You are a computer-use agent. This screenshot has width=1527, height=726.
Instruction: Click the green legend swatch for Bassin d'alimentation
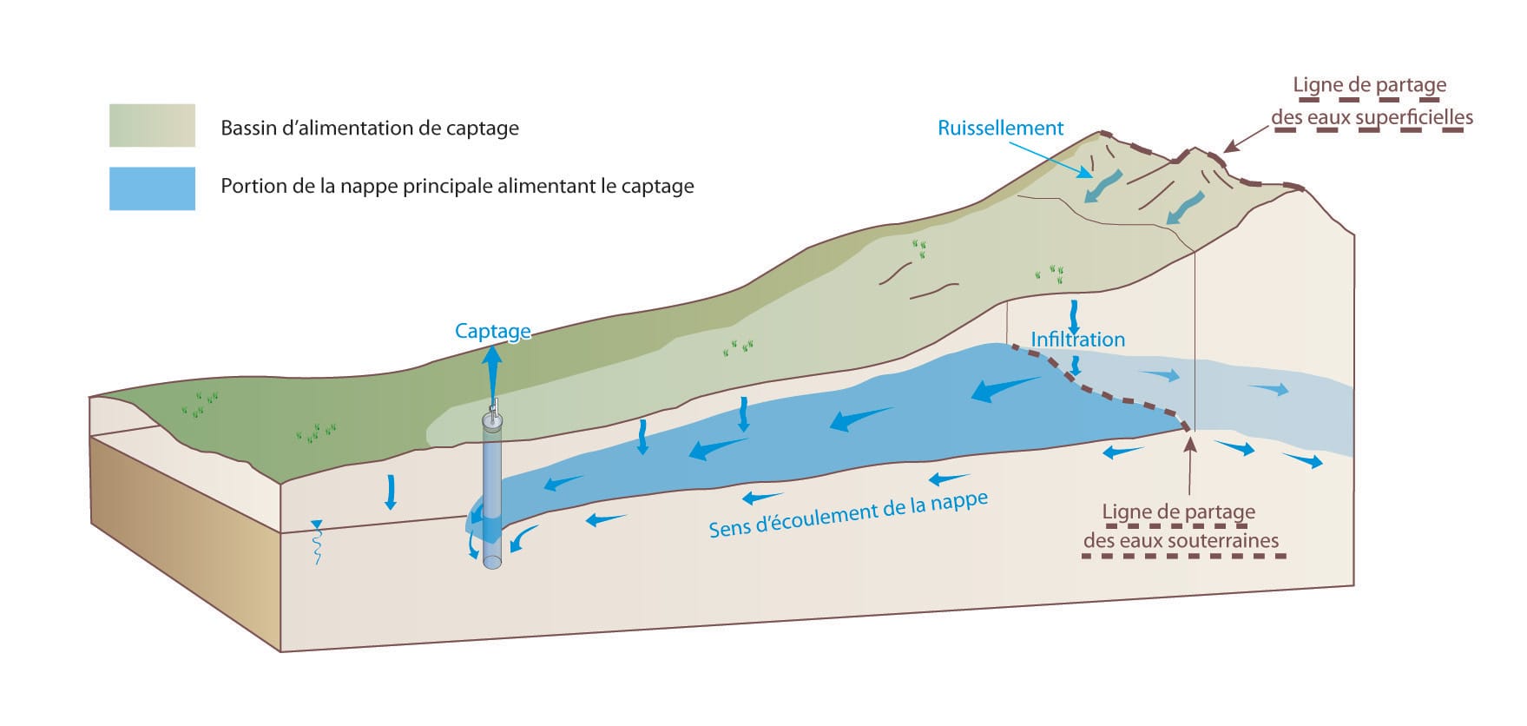point(152,125)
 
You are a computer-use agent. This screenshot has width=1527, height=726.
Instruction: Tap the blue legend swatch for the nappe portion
point(152,188)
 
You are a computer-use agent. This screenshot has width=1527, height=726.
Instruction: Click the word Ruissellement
point(1000,129)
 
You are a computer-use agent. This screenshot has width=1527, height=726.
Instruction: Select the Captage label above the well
point(492,331)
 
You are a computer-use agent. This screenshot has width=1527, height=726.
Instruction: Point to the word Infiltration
point(1077,340)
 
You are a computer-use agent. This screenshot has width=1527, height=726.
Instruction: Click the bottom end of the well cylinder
point(492,562)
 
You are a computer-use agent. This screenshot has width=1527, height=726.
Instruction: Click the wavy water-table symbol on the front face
point(317,542)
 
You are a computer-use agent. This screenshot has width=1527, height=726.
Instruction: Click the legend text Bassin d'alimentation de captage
point(370,129)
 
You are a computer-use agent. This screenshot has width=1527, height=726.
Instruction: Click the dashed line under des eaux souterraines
point(1184,557)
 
